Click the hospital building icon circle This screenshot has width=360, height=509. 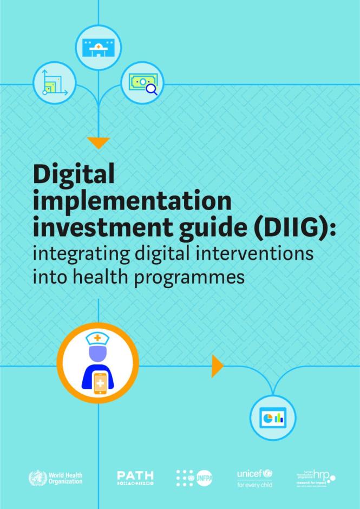coord(98,48)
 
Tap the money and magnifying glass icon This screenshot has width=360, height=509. coord(142,83)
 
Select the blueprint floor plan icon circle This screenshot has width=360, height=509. coord(54,83)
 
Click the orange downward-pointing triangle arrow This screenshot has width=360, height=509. coord(98,143)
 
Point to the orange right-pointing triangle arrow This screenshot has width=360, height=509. coord(217,366)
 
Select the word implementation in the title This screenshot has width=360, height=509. coord(132,201)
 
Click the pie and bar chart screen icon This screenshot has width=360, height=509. coord(273,418)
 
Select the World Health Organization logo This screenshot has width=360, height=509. coord(55,478)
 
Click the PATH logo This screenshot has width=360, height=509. coord(135,477)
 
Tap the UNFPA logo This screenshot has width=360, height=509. coord(194,478)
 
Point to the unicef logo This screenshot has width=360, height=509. coord(254,478)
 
